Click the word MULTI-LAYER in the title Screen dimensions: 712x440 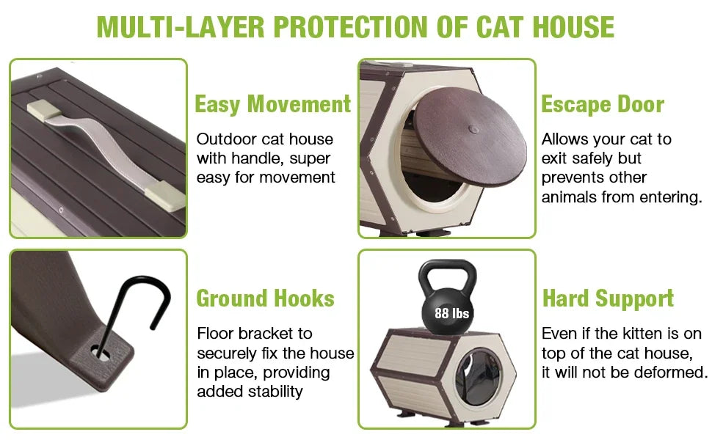[x=181, y=26]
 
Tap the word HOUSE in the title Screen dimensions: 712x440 [x=573, y=26]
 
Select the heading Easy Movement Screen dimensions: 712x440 [x=273, y=104]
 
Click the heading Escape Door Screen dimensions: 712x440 [x=603, y=104]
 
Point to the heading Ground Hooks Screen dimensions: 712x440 [x=265, y=298]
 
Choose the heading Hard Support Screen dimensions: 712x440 [x=608, y=298]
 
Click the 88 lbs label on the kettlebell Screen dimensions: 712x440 [x=451, y=313]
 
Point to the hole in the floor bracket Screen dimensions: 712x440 [x=101, y=352]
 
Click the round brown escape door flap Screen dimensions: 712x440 [x=470, y=137]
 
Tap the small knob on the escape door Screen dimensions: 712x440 [x=473, y=130]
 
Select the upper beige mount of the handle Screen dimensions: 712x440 [x=43, y=110]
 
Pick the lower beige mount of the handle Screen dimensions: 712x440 [x=165, y=196]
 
